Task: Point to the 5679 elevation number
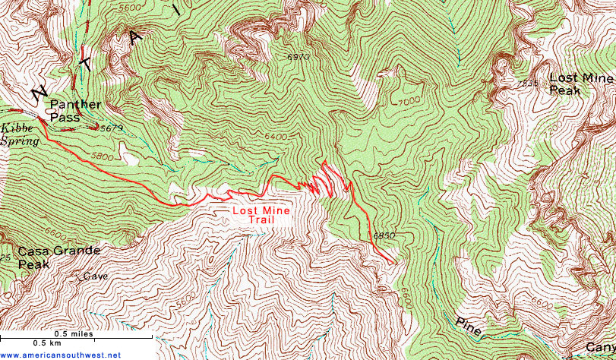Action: [x=111, y=128]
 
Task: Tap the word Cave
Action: [x=96, y=276]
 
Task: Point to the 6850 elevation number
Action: [x=384, y=236]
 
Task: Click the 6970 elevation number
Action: [x=299, y=57]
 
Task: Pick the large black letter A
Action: [x=137, y=36]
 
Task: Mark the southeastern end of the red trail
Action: [x=396, y=264]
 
